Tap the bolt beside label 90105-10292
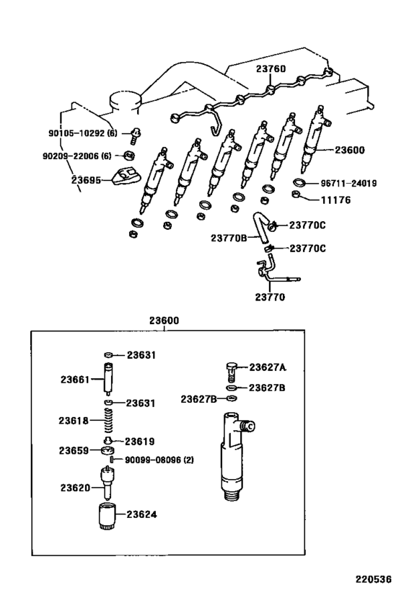[x=135, y=133]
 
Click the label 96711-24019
[x=348, y=183]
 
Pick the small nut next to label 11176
[x=297, y=195]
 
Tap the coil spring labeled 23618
[x=109, y=420]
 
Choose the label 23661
[x=74, y=378]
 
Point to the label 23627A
[x=268, y=367]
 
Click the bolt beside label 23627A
[x=231, y=370]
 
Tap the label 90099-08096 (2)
[x=159, y=460]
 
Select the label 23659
[x=74, y=450]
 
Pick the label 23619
[x=141, y=441]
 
